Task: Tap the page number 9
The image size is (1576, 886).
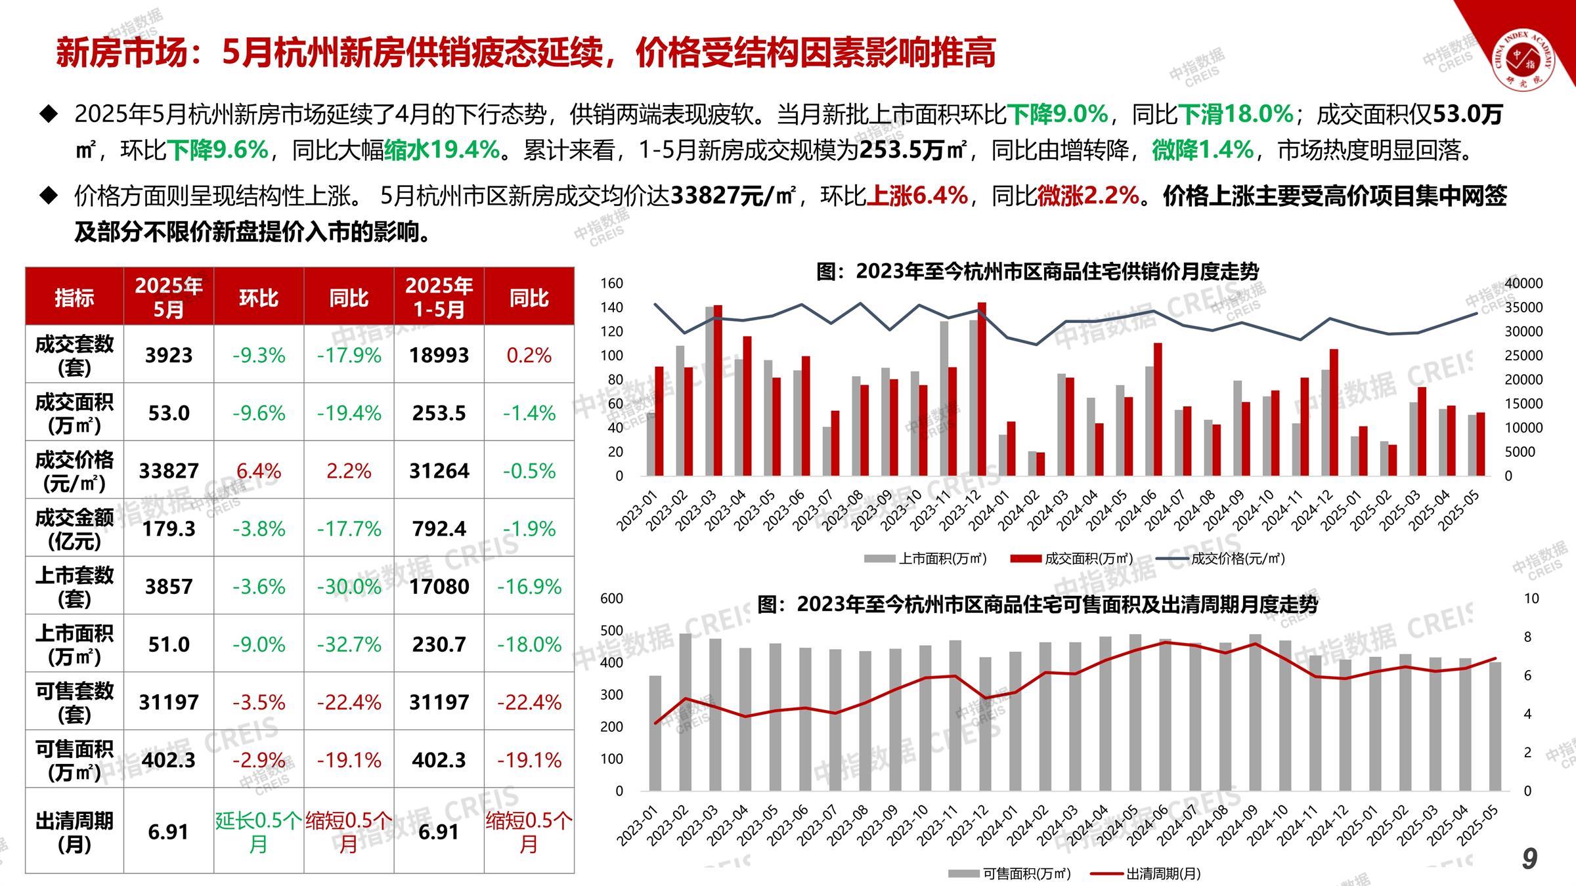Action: (x=1529, y=858)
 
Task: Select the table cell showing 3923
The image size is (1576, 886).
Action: (x=169, y=355)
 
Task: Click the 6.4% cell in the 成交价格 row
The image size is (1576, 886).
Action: (x=259, y=471)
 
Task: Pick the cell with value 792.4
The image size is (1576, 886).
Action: (x=439, y=528)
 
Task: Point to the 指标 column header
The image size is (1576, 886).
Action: (x=74, y=297)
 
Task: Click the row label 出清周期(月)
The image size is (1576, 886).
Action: (x=74, y=832)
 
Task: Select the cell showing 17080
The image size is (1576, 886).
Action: (x=439, y=586)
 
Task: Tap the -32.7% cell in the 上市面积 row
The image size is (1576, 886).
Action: (x=349, y=644)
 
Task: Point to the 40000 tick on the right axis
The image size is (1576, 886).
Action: (x=1523, y=284)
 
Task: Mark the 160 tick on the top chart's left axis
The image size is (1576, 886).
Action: (x=611, y=284)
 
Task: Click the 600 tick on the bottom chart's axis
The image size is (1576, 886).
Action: (x=611, y=599)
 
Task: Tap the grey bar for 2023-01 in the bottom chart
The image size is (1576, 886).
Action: (x=655, y=732)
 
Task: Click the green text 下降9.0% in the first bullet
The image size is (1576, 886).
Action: (x=1057, y=114)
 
